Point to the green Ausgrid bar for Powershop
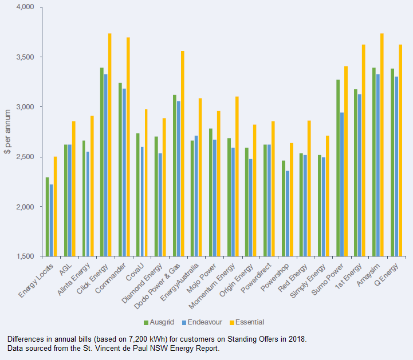283,208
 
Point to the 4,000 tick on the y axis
27,7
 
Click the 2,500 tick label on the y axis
27,157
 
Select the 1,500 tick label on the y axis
27,256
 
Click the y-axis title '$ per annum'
7,132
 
